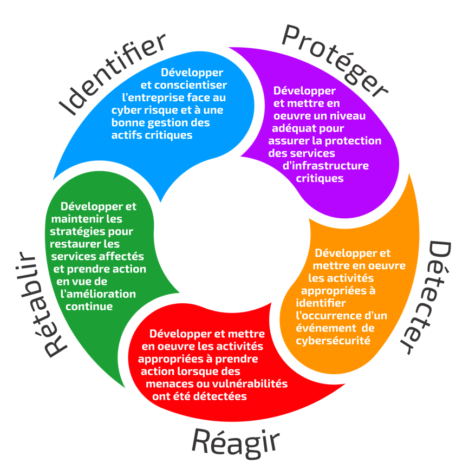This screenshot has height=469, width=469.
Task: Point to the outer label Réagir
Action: [x=236, y=441]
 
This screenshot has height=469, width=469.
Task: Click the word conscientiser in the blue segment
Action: [x=191, y=86]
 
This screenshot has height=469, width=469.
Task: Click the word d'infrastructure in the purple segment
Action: [x=326, y=166]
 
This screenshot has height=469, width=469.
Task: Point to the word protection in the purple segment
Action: [x=354, y=141]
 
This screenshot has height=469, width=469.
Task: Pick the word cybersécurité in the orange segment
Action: [x=333, y=341]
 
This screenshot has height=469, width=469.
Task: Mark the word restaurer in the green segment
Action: [x=75, y=244]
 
